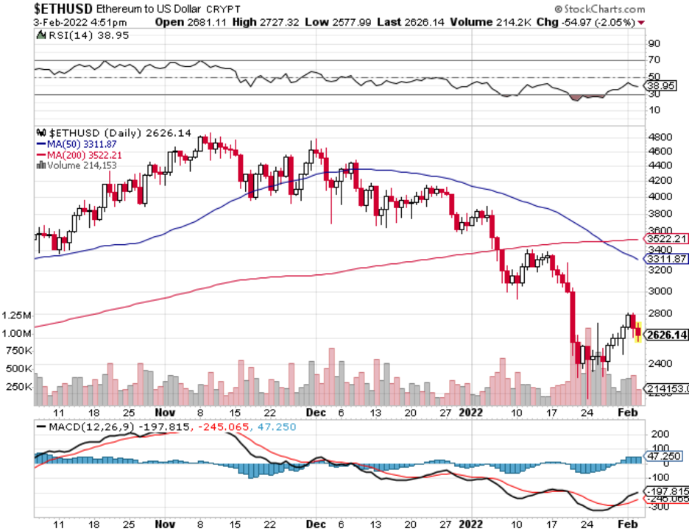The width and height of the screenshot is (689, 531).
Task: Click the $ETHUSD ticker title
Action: click(x=63, y=10)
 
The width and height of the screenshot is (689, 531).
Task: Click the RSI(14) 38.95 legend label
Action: click(x=80, y=36)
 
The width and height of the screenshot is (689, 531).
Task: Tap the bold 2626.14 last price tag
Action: click(x=664, y=336)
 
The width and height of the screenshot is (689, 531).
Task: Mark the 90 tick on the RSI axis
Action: click(x=654, y=43)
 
